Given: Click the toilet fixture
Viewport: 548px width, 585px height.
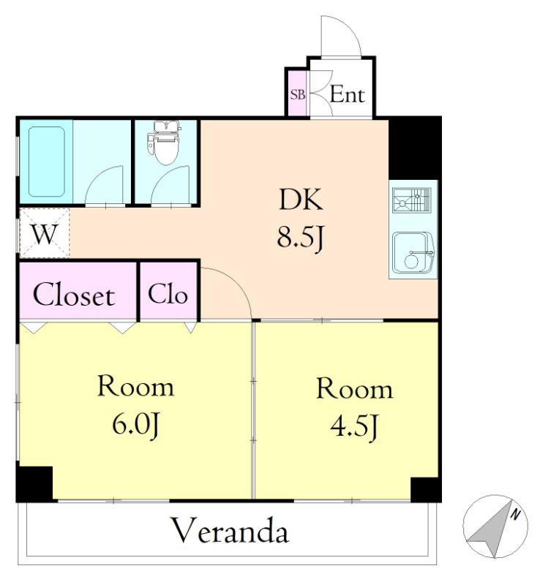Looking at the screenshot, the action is click(163, 143).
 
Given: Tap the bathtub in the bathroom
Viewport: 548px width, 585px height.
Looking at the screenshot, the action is click(47, 161).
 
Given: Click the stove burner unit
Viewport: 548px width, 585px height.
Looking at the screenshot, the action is click(412, 200).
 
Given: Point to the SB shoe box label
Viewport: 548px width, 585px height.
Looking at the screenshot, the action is click(298, 95).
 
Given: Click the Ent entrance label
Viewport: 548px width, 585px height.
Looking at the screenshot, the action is click(348, 94).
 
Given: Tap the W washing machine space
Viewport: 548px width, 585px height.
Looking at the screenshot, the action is click(45, 233).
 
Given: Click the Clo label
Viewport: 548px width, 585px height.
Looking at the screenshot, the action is click(168, 295).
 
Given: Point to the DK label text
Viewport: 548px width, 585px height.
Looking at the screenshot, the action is click(301, 199).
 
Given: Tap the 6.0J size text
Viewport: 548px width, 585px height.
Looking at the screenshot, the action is click(136, 425).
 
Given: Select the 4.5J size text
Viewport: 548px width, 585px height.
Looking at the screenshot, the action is click(354, 426).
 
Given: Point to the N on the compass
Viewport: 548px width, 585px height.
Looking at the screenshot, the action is click(515, 515).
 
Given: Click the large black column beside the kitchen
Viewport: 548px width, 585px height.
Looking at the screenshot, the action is click(415, 148).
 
